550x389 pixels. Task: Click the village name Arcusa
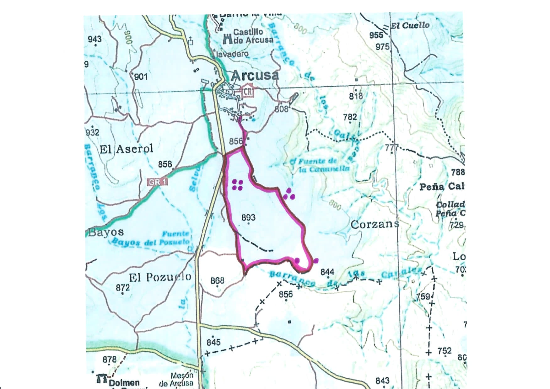pos(255,75)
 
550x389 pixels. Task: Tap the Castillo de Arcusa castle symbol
pos(227,39)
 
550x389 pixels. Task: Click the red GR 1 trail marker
pos(158,182)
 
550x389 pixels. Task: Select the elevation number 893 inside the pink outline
pos(248,217)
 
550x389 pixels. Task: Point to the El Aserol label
pos(127,149)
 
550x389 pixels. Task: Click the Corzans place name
pos(375,224)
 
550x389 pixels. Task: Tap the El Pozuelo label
pos(160,277)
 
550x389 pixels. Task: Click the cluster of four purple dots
pos(237,185)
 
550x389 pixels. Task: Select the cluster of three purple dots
pos(289,194)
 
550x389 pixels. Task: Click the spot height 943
pos(94,39)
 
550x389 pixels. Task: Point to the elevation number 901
pos(140,77)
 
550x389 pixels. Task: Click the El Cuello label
pos(410,26)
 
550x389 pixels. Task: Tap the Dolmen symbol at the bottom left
pos(101,379)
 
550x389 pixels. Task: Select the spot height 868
pos(217,280)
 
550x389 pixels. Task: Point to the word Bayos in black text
pos(106,232)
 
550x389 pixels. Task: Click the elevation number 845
pos(213,342)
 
